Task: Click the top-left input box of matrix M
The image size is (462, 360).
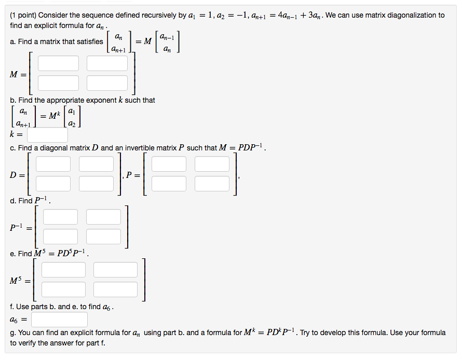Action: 58,63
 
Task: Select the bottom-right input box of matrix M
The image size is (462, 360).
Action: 107,83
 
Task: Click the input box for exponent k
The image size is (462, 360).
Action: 47,135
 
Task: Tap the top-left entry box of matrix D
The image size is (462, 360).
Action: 53,164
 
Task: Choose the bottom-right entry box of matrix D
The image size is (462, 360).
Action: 96,184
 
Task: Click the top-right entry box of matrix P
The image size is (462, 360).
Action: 212,164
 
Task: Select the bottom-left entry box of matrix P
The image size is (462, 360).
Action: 169,184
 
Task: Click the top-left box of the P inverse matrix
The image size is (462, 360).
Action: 60,217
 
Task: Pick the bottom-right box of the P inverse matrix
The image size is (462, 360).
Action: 103,237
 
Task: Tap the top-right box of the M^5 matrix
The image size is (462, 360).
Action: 115,270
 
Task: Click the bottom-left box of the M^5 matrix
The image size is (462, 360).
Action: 64,289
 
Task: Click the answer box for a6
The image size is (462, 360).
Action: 60,320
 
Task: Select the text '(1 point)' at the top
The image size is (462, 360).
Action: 23,16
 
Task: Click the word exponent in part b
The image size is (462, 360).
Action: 103,101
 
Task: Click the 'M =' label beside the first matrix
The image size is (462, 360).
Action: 18,75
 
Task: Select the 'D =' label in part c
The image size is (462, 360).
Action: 17,175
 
